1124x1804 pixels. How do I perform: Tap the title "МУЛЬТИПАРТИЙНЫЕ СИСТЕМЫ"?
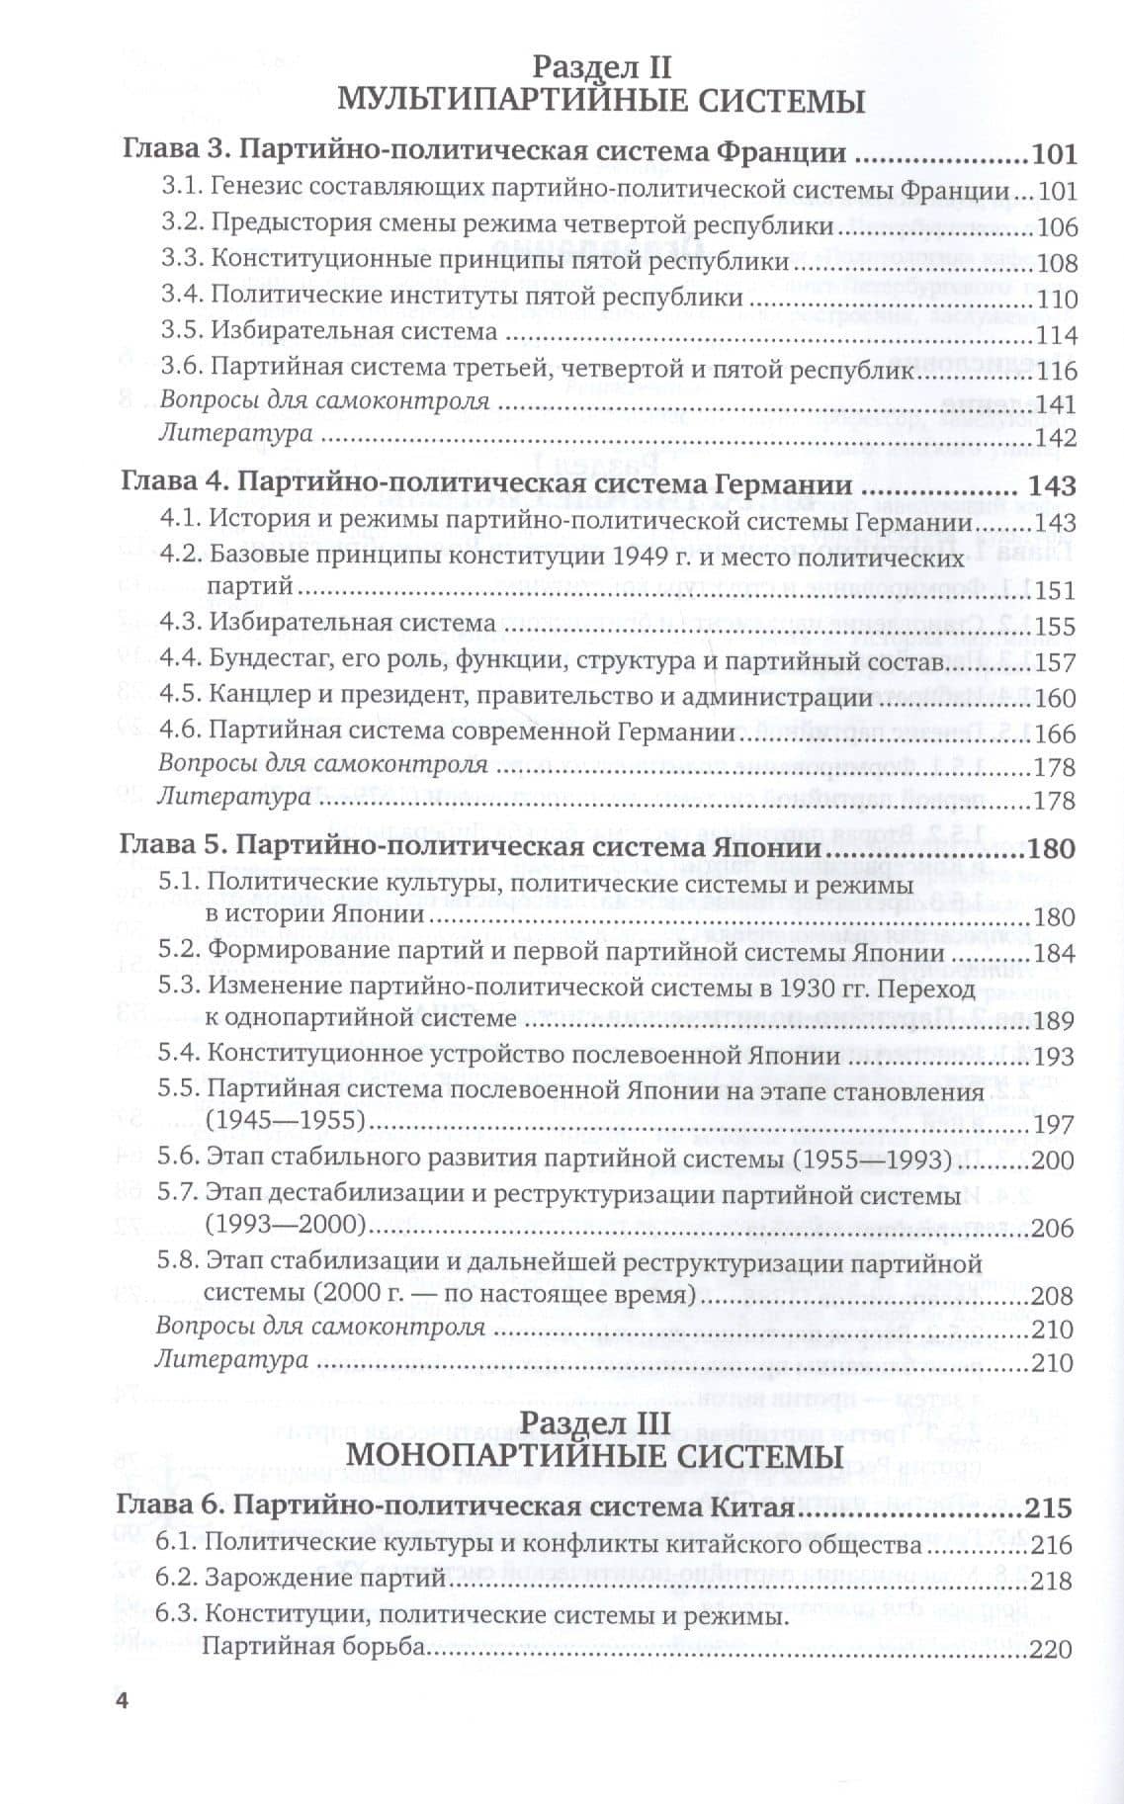click(x=601, y=102)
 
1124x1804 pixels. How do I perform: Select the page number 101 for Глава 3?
click(x=1052, y=155)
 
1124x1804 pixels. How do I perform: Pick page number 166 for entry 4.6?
click(x=1054, y=734)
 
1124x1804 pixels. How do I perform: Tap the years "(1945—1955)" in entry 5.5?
click(x=285, y=1124)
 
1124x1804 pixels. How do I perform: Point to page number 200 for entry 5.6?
click(x=1052, y=1160)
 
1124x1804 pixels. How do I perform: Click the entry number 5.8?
click(x=179, y=1264)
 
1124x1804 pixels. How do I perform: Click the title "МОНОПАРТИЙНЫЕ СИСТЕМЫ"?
click(x=596, y=1457)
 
